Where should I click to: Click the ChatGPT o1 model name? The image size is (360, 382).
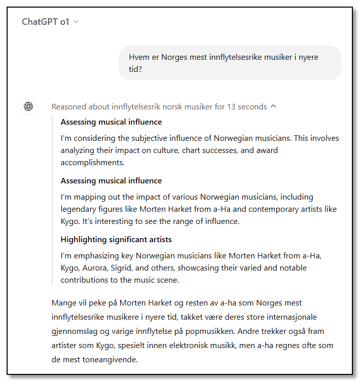(46, 22)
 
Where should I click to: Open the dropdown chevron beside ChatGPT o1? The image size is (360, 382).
(76, 22)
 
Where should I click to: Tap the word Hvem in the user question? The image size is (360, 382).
(139, 57)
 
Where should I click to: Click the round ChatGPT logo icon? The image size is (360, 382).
(28, 106)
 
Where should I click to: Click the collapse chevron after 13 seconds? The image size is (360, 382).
(274, 106)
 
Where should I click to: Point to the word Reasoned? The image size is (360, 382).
(69, 107)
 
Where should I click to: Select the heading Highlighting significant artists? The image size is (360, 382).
(116, 239)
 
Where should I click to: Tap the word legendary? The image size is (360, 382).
(78, 209)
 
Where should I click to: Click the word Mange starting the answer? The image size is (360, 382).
(64, 303)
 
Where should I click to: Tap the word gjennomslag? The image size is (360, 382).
(75, 331)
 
